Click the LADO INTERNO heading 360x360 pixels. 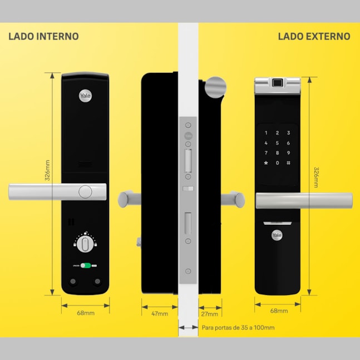coord(43,37)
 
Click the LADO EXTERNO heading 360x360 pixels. coord(314,37)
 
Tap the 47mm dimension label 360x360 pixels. coord(160,313)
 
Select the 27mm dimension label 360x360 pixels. coord(210,313)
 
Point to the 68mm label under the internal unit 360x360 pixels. coord(85,313)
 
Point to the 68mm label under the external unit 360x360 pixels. coord(278,311)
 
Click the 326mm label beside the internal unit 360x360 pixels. coord(48,170)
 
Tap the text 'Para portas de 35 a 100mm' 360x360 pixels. coord(238,328)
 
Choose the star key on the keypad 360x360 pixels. coord(266,162)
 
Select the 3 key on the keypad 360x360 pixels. coord(289,133)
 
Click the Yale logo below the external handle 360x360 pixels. coord(277,235)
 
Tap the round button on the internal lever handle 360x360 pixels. coord(85,191)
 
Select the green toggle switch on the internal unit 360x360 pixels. coord(85,265)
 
